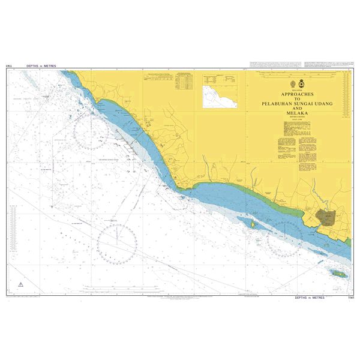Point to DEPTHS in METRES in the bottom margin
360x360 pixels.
[x=309, y=297]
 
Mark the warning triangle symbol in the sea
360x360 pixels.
[x=21, y=284]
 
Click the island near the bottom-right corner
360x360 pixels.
[x=337, y=273]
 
